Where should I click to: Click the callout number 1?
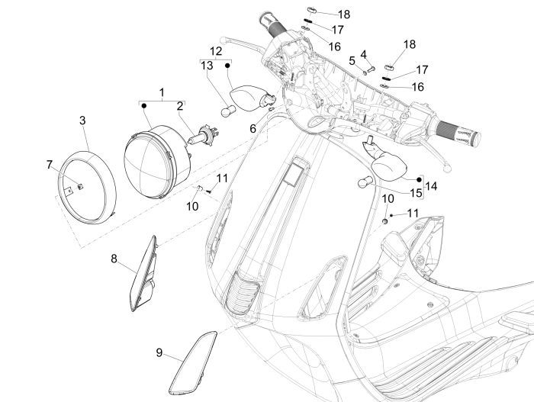pyautogui.click(x=161, y=92)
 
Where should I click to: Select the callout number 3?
pyautogui.click(x=82, y=120)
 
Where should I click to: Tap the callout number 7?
pyautogui.click(x=50, y=164)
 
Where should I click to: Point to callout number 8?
pyautogui.click(x=114, y=259)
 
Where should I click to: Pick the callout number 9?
pyautogui.click(x=159, y=352)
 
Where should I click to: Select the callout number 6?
pyautogui.click(x=253, y=130)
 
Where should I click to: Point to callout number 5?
pyautogui.click(x=352, y=59)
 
